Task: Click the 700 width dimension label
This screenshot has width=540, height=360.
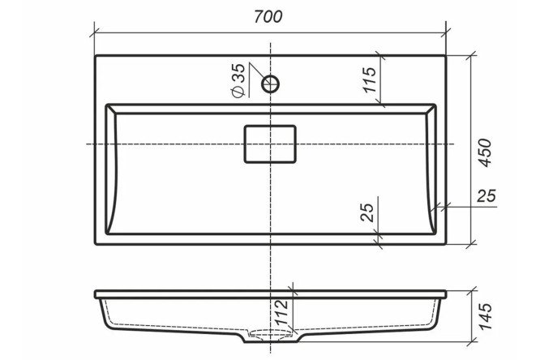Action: point(268,16)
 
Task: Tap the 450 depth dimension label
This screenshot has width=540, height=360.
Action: point(485,152)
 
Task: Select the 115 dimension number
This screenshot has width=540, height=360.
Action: point(370,80)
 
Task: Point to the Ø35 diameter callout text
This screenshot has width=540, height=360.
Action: point(238,80)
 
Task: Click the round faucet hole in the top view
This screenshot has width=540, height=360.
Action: point(270,84)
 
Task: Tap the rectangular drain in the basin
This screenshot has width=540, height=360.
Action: point(270,144)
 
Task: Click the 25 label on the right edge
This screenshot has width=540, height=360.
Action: point(486,195)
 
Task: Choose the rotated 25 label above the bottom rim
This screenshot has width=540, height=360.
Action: point(367,212)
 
